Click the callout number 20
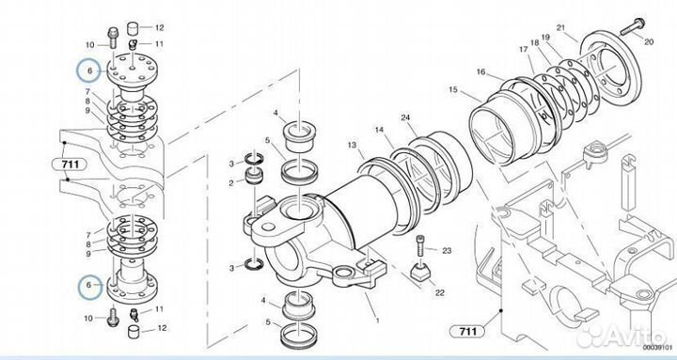pos(649,42)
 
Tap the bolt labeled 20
pos(633,26)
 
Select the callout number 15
pos(453,90)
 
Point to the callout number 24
pos(405,117)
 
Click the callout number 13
pos(353,145)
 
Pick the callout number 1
pos(377,321)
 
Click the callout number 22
pos(439,292)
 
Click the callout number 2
pos(231,183)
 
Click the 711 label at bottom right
pos(467,332)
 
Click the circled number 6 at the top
pos(89,70)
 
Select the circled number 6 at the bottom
pos(89,286)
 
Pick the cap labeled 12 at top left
pos(134,29)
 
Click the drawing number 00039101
pos(656,348)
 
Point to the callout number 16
pos(481,71)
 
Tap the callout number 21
pos(560,28)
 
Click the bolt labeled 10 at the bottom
pos(112,316)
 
